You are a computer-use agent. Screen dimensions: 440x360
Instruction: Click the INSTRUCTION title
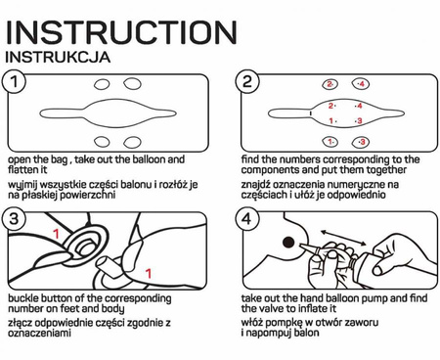pyautogui.click(x=121, y=32)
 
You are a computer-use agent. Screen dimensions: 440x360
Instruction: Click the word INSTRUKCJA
pyautogui.click(x=58, y=57)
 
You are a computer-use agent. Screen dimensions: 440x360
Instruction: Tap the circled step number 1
pyautogui.click(x=14, y=81)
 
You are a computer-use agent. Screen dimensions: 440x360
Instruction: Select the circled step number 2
pyautogui.click(x=247, y=81)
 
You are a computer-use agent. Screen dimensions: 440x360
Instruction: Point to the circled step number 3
pyautogui.click(x=14, y=218)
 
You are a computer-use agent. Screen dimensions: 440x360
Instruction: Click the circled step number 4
pyautogui.click(x=247, y=218)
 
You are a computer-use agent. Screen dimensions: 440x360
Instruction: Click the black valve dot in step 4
pyautogui.click(x=288, y=243)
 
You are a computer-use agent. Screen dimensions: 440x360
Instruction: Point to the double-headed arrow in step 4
pyautogui.click(x=343, y=238)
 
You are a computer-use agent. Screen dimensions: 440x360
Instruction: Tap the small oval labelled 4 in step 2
pyautogui.click(x=361, y=84)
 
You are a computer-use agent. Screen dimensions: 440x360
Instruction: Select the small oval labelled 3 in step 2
pyautogui.click(x=361, y=142)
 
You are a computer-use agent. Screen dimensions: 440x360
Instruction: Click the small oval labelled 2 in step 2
pyautogui.click(x=330, y=84)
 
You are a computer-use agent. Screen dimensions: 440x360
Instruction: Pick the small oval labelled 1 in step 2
pyautogui.click(x=330, y=142)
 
